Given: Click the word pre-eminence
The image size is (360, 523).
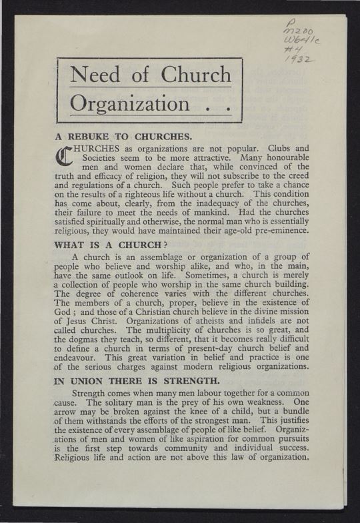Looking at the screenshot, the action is tap(277, 231).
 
